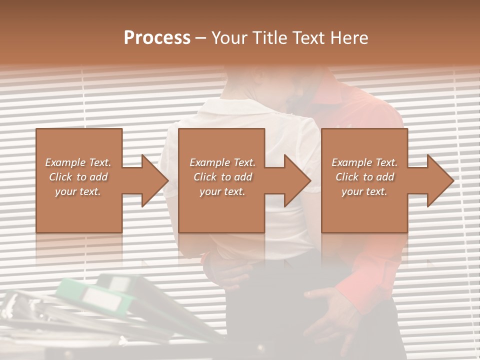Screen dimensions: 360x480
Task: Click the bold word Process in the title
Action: (157, 38)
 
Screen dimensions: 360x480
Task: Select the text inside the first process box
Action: (78, 177)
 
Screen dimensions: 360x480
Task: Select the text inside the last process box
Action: (364, 177)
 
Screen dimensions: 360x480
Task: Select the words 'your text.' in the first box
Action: (78, 191)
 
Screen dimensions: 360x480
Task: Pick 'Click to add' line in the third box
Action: (364, 177)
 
